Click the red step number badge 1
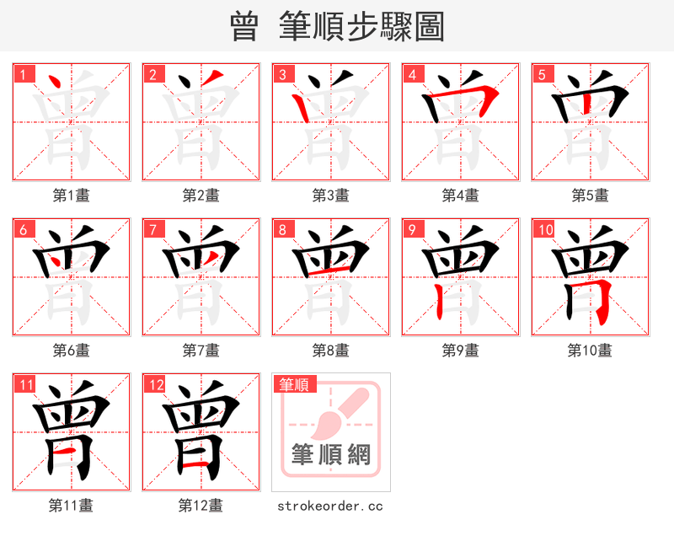click(22, 74)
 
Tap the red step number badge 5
click(541, 74)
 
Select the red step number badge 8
click(281, 229)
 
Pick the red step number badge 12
click(152, 385)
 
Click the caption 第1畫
click(72, 196)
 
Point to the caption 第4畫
click(461, 196)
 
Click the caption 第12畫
click(201, 506)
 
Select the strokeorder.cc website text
click(331, 506)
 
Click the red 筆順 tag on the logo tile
click(294, 384)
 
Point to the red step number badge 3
click(281, 74)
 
